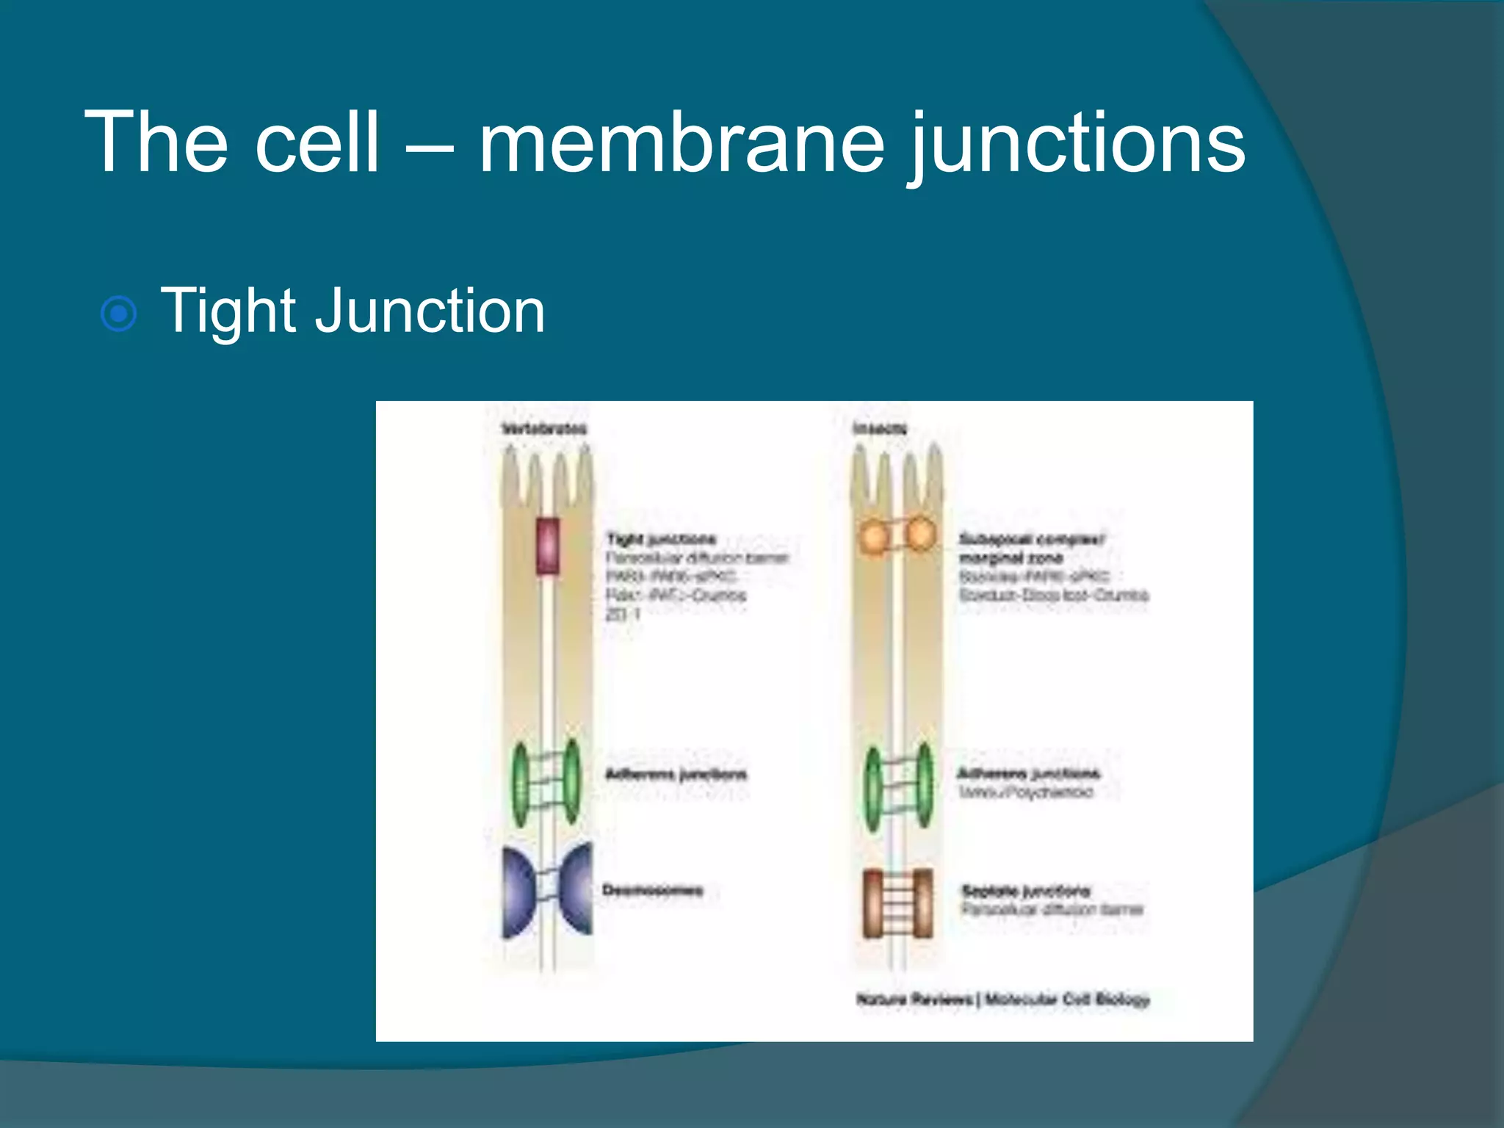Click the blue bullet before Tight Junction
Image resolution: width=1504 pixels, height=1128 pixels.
tap(118, 314)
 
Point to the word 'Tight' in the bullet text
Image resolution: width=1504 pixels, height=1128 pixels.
tap(228, 311)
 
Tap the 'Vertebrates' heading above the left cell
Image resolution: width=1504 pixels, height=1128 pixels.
tap(544, 429)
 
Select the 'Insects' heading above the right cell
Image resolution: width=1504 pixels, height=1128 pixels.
tap(880, 429)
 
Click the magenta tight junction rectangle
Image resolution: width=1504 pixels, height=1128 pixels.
tap(547, 546)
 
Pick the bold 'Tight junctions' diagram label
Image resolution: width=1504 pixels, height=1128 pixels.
tap(661, 540)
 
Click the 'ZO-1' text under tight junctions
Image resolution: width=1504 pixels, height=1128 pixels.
tap(623, 614)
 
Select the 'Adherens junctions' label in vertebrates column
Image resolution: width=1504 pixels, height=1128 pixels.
tap(676, 774)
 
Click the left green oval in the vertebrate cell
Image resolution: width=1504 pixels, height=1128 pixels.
tap(521, 785)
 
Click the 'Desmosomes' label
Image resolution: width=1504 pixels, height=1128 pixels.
tap(652, 891)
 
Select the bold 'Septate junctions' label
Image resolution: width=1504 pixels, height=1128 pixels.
tap(1026, 892)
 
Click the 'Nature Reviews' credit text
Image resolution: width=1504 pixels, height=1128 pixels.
tap(914, 999)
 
